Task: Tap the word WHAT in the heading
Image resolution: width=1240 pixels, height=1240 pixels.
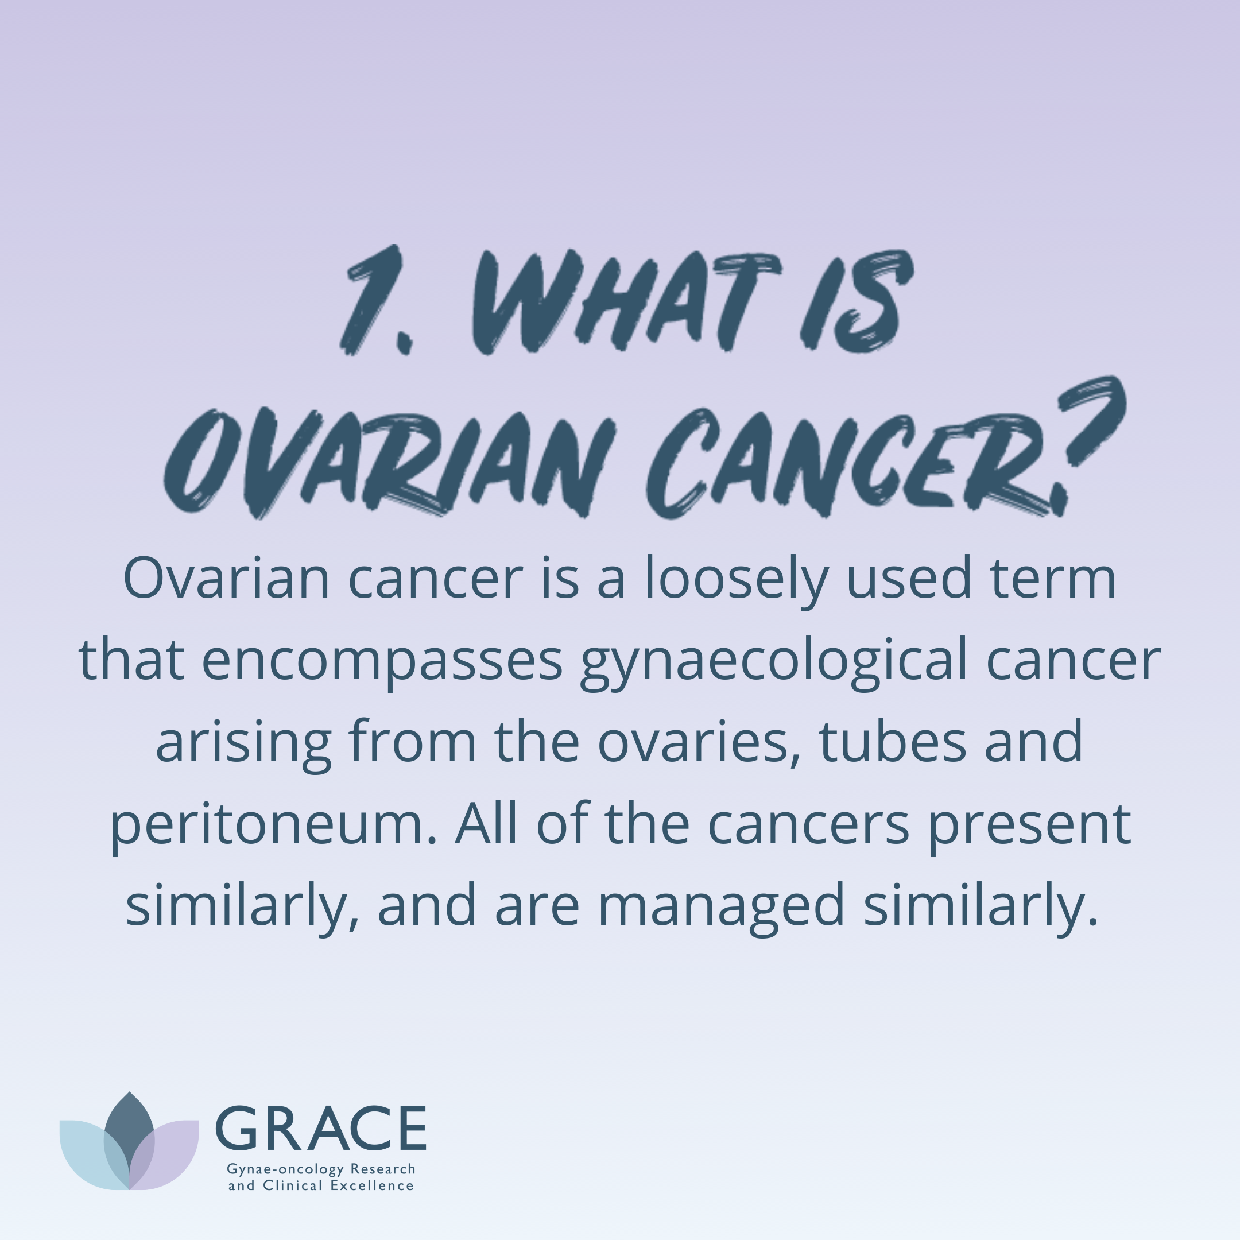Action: (x=625, y=301)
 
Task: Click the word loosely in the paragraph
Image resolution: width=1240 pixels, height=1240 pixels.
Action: (x=736, y=580)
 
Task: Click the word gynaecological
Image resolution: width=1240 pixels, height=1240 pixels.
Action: (x=773, y=662)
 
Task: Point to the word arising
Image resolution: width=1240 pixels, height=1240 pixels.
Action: (x=243, y=745)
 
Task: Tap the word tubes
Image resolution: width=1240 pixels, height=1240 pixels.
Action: (x=893, y=742)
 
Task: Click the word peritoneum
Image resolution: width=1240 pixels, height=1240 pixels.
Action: (x=273, y=827)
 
